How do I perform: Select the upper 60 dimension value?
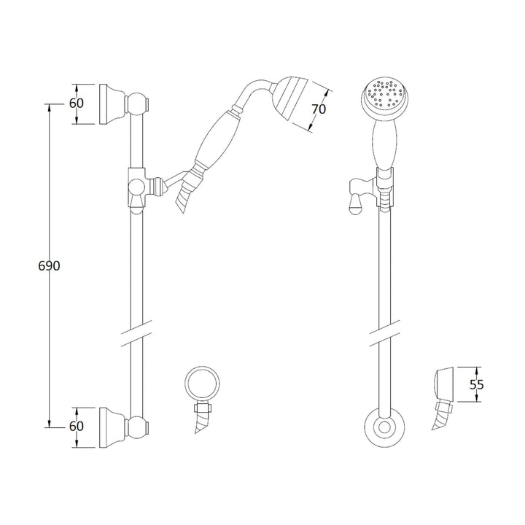pyautogui.click(x=77, y=103)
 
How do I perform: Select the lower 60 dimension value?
pyautogui.click(x=77, y=426)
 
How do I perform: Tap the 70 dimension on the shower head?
pyautogui.click(x=318, y=109)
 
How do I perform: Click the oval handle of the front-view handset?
pyautogui.click(x=384, y=143)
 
